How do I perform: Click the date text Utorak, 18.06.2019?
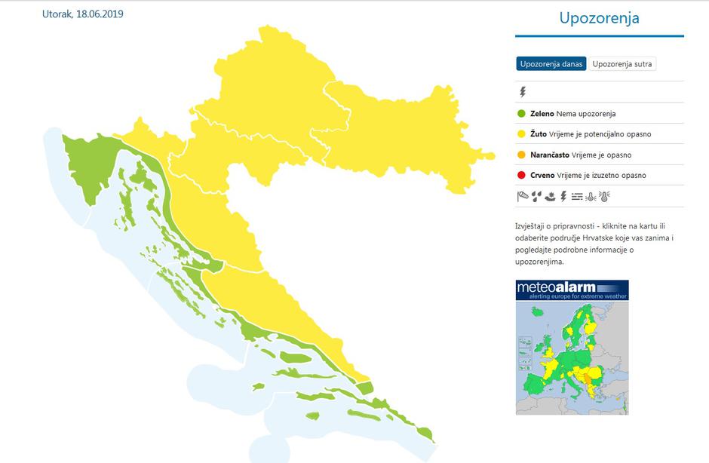pyautogui.click(x=82, y=14)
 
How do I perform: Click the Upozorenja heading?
pyautogui.click(x=599, y=18)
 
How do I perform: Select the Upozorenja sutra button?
pyautogui.click(x=622, y=64)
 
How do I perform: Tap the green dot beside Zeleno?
pyautogui.click(x=521, y=114)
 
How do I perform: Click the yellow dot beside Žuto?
pyautogui.click(x=521, y=134)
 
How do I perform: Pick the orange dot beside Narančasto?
pyautogui.click(x=521, y=155)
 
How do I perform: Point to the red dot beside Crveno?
pyautogui.click(x=521, y=176)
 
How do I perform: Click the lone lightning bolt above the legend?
pyautogui.click(x=522, y=92)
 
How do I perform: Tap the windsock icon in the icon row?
pyautogui.click(x=523, y=197)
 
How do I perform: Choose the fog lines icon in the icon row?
pyautogui.click(x=577, y=197)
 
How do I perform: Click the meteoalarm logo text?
pyautogui.click(x=557, y=287)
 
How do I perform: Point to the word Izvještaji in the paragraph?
pyautogui.click(x=533, y=225)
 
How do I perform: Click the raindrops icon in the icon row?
pyautogui.click(x=536, y=197)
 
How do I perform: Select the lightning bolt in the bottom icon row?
pyautogui.click(x=563, y=197)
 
